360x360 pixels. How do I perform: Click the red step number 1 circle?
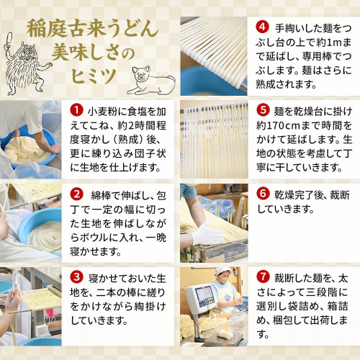[x=76, y=110]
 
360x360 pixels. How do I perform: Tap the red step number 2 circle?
[x=76, y=194]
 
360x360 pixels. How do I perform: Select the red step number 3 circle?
[x=76, y=277]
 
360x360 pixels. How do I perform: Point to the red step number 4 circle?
[x=262, y=27]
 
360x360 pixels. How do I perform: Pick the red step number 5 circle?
[x=263, y=110]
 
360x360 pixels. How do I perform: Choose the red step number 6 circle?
[x=263, y=194]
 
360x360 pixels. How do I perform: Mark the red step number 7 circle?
[x=263, y=276]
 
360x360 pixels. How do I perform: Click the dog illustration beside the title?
[x=150, y=81]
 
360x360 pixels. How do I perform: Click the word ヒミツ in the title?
[x=94, y=76]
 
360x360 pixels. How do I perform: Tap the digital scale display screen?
[x=204, y=293]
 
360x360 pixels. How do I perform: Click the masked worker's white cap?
[x=222, y=271]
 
